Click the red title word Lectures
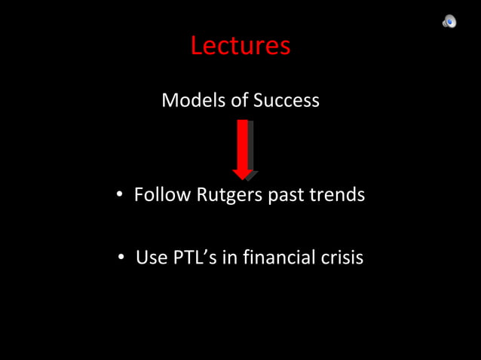tap(240, 46)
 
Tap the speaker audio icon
tap(449, 22)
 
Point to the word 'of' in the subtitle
tap(237, 100)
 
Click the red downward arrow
tap(243, 148)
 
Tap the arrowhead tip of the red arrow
tap(243, 178)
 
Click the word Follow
tap(163, 194)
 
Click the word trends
tap(339, 194)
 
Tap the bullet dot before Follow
tap(119, 195)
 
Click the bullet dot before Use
tap(121, 258)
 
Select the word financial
tap(278, 258)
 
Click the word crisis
tap(342, 258)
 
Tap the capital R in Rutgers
tap(203, 194)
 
